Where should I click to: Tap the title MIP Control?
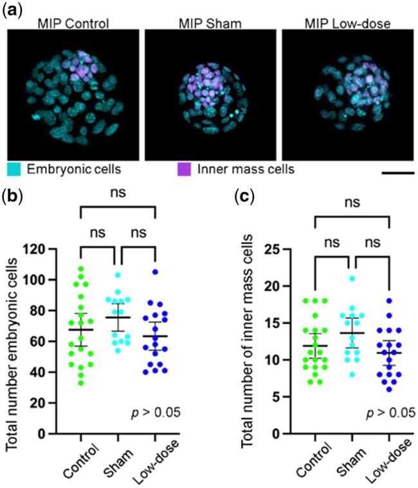pyautogui.click(x=72, y=24)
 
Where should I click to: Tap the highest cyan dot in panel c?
pyautogui.click(x=352, y=278)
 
